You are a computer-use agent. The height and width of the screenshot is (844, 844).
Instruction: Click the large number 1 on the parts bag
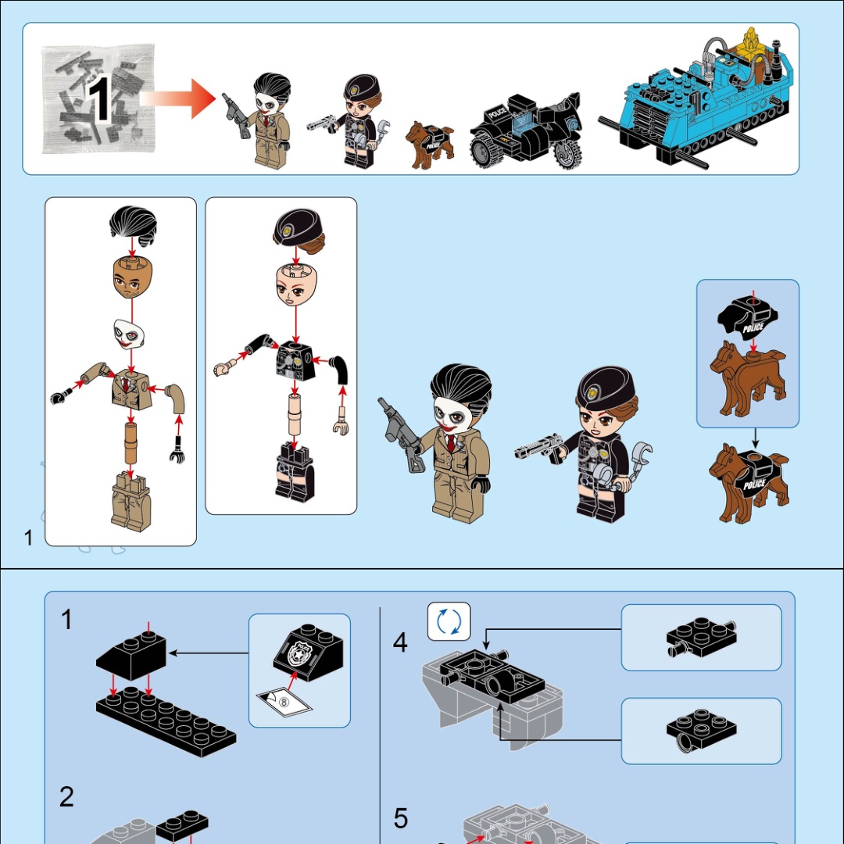[x=98, y=99]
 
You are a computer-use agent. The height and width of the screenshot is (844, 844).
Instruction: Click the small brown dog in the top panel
[x=429, y=145]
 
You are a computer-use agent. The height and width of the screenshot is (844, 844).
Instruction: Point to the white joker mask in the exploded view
[x=129, y=334]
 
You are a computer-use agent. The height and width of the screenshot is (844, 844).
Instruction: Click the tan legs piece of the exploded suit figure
[x=131, y=502]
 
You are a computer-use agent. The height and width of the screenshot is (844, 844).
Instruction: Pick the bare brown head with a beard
[x=132, y=277]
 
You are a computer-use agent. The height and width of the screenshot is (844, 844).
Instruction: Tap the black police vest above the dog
[x=749, y=318]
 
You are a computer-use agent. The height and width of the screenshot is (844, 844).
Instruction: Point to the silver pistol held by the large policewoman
[x=538, y=448]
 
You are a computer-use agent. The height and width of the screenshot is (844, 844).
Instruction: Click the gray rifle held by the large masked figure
[x=400, y=434]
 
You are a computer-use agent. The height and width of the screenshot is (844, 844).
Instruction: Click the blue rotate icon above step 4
[x=449, y=622]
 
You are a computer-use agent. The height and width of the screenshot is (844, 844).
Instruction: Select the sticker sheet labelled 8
[x=284, y=703]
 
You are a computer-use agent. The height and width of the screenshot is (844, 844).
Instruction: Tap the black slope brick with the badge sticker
[x=308, y=653]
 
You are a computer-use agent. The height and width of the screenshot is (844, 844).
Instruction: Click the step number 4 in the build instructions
[x=400, y=642]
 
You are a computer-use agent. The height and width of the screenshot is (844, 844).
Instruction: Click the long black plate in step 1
[x=166, y=721]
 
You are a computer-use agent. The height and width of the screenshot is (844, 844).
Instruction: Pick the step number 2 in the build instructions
[x=66, y=796]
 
